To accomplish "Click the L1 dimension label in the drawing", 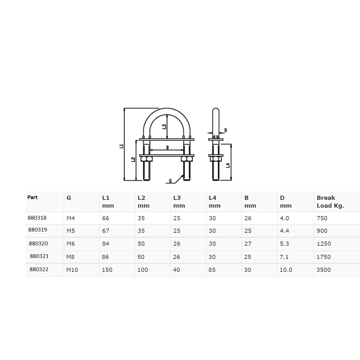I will tap(121, 146).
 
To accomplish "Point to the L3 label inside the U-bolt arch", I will tap(164, 126).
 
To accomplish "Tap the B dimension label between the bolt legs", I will tap(167, 147).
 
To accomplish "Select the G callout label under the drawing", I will tap(170, 180).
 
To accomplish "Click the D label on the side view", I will tap(226, 130).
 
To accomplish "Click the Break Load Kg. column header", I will tap(330, 202).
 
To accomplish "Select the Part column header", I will tap(32, 197).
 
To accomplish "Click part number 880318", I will tap(37, 218).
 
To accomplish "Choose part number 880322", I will tap(38, 269).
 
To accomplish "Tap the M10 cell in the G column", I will tap(72, 270).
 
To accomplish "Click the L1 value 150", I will tap(107, 270).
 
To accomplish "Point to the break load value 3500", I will tap(324, 270).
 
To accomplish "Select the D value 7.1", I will tap(286, 257).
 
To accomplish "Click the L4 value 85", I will tap(212, 270).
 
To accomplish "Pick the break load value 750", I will tap(322, 218).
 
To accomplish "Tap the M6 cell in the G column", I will tap(71, 244).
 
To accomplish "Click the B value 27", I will tap(248, 244).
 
